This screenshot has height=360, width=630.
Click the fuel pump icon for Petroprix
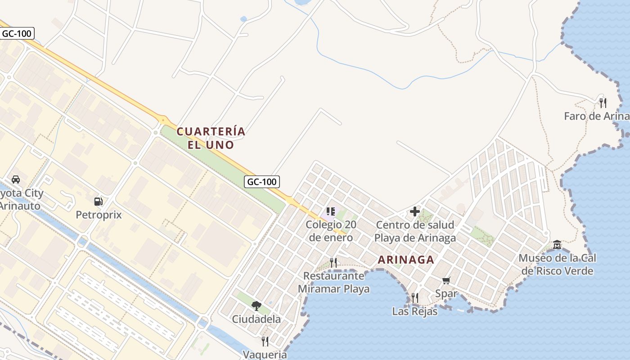pyautogui.click(x=98, y=201)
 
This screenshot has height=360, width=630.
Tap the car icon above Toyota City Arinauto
pyautogui.click(x=16, y=179)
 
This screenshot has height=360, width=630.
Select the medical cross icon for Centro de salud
pyautogui.click(x=415, y=211)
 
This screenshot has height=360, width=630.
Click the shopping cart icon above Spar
pyautogui.click(x=446, y=281)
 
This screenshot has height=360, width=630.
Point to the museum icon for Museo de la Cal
pyautogui.click(x=557, y=244)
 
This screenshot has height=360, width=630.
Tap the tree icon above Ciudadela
pyautogui.click(x=256, y=306)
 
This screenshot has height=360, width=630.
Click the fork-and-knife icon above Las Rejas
pyautogui.click(x=414, y=297)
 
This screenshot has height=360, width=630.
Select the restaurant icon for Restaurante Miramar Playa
pyautogui.click(x=333, y=262)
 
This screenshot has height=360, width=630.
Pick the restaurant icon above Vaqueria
pyautogui.click(x=265, y=341)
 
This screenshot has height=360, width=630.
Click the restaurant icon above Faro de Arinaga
pyautogui.click(x=603, y=103)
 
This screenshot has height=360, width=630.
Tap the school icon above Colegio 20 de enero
pyautogui.click(x=331, y=211)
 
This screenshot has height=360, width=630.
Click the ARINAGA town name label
pyautogui.click(x=406, y=260)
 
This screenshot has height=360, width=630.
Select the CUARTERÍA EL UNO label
pyautogui.click(x=211, y=138)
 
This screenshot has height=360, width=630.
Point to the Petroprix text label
pyautogui.click(x=99, y=215)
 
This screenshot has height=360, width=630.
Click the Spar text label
pyautogui.click(x=446, y=294)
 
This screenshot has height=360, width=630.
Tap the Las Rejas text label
pyautogui.click(x=414, y=311)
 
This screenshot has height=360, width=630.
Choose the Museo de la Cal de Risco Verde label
pyautogui.click(x=557, y=265)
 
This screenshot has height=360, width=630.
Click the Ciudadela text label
pyautogui.click(x=256, y=319)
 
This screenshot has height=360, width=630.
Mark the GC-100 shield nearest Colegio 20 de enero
pyautogui.click(x=262, y=182)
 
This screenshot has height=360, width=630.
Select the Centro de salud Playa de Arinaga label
pyautogui.click(x=415, y=231)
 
